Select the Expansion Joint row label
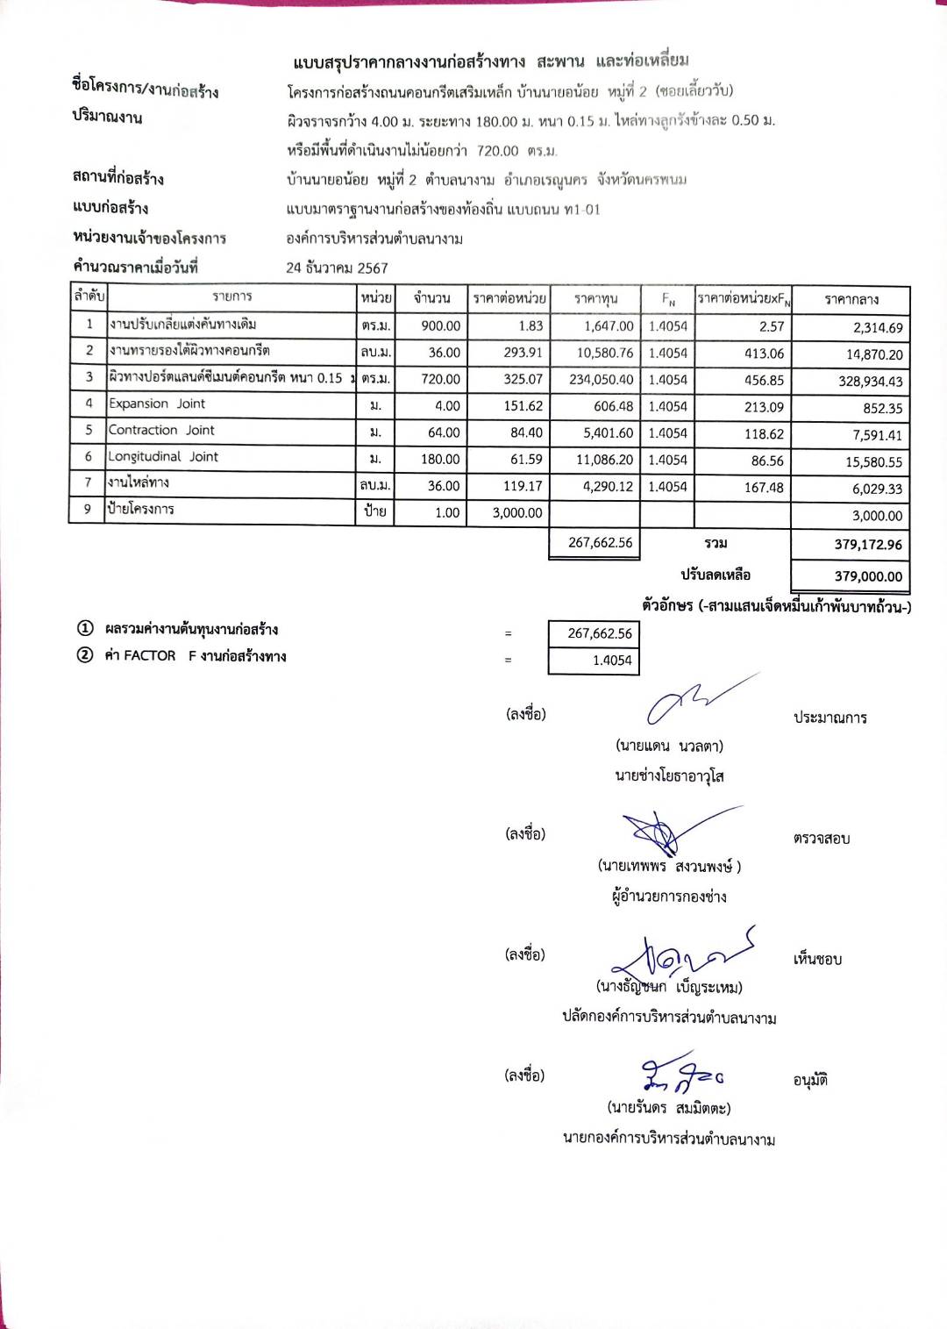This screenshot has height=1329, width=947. pos(157,404)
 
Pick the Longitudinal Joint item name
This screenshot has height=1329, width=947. pos(163,456)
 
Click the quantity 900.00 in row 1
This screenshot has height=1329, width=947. pos(440,325)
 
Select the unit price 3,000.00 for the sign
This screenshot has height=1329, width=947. pos(516,512)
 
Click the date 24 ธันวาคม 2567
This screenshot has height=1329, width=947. pos(337,268)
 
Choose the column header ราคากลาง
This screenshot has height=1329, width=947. pos(851,299)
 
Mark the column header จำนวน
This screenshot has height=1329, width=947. pos(431,298)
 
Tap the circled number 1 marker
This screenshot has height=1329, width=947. pos(85,628)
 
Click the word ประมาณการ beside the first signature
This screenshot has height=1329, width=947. pos(830,718)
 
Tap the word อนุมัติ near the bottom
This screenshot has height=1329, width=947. pos(810,1080)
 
